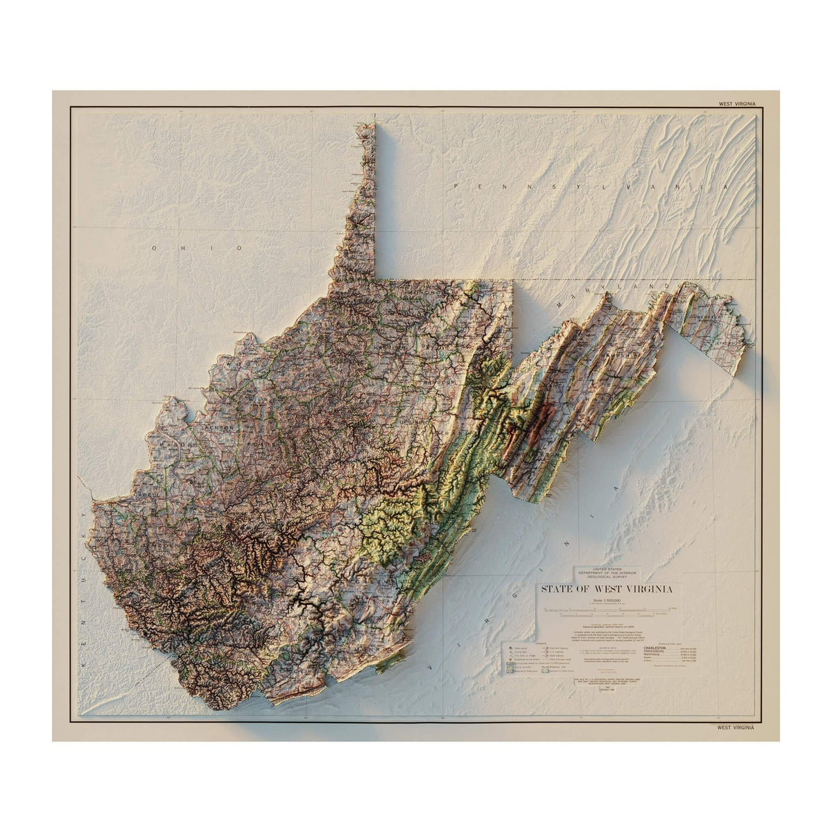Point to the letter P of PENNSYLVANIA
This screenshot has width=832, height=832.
(x=456, y=187)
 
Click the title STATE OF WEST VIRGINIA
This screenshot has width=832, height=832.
(x=606, y=589)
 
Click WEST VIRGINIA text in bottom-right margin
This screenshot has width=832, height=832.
(x=736, y=728)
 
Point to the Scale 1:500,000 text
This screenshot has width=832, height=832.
(x=605, y=600)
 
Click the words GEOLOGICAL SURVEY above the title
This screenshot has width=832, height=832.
(x=607, y=575)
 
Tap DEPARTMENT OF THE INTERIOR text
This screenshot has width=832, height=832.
(x=607, y=571)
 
